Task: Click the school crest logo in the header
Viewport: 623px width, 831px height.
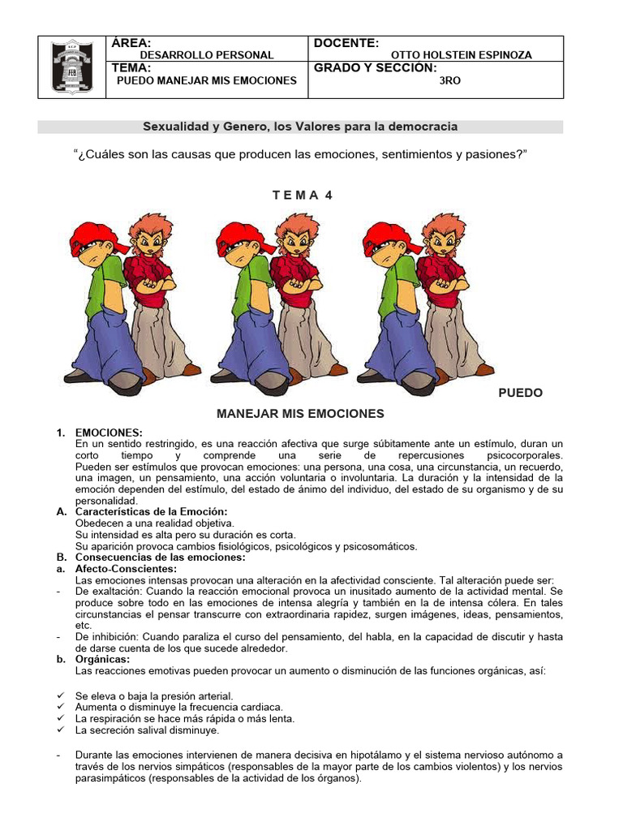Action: click(x=72, y=67)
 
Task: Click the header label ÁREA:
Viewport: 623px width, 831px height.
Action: click(x=131, y=42)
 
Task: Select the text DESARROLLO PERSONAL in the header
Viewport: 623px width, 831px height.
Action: click(x=195, y=55)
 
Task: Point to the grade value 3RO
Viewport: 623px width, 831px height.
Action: click(x=449, y=80)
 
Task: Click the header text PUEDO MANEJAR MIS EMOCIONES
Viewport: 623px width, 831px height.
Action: click(x=207, y=80)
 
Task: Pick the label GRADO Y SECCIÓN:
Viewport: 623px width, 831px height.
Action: click(x=375, y=68)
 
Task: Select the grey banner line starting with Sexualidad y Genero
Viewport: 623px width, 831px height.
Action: click(x=301, y=127)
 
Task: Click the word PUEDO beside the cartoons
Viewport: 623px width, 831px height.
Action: click(x=520, y=393)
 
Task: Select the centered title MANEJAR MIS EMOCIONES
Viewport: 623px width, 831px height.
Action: click(x=300, y=414)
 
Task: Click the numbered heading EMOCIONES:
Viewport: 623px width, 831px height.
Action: click(x=109, y=433)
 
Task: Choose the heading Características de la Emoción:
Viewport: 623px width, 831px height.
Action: click(x=151, y=511)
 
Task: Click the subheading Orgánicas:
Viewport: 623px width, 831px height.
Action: click(x=102, y=659)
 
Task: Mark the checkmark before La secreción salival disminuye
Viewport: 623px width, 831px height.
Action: click(x=62, y=730)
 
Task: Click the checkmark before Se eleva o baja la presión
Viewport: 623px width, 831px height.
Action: click(x=62, y=695)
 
